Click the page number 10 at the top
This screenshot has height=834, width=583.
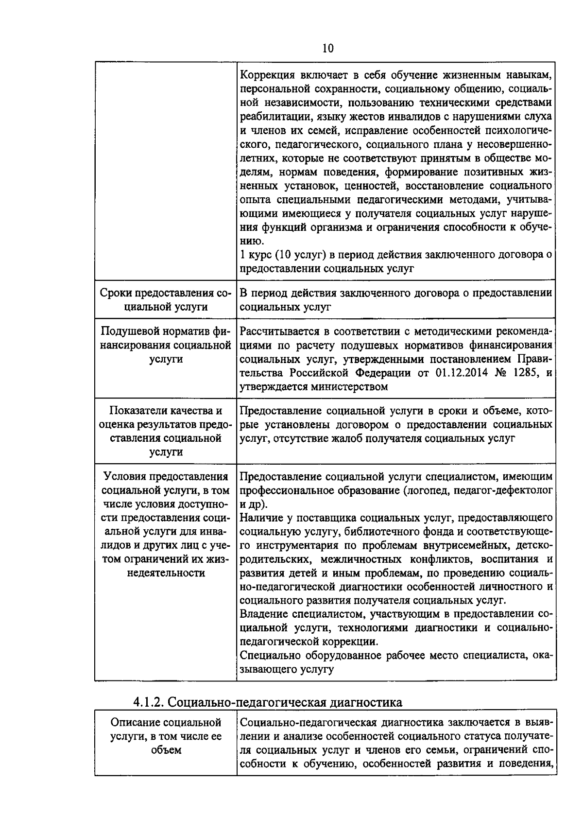click(x=328, y=48)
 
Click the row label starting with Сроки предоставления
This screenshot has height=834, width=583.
click(x=165, y=300)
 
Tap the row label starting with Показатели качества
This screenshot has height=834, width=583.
click(x=165, y=431)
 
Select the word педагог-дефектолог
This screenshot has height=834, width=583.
click(x=502, y=490)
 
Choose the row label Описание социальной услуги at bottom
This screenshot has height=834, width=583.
click(x=165, y=736)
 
